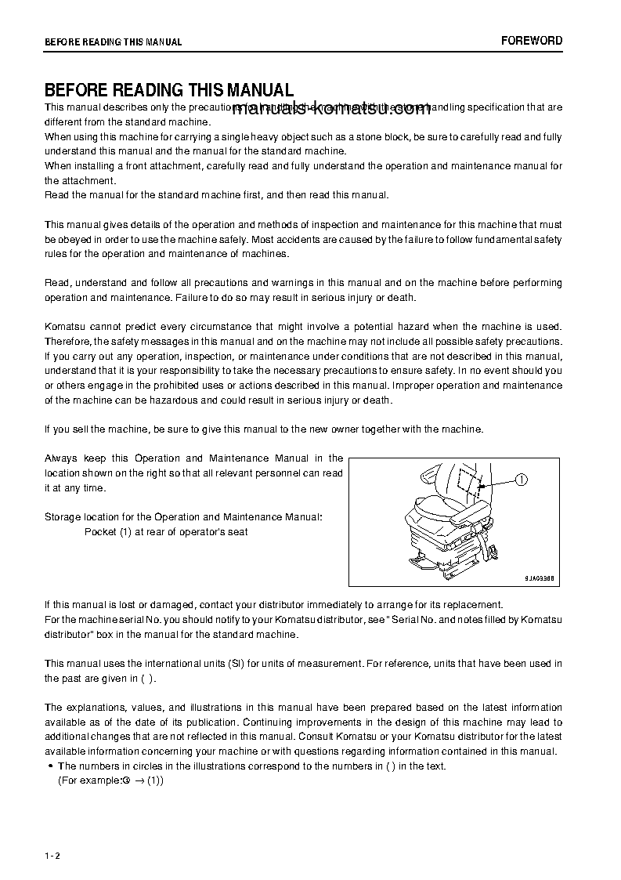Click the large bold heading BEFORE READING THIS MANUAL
click(x=169, y=91)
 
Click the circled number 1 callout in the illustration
click(x=522, y=480)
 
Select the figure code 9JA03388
click(x=541, y=577)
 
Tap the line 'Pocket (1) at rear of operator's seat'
click(x=166, y=531)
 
